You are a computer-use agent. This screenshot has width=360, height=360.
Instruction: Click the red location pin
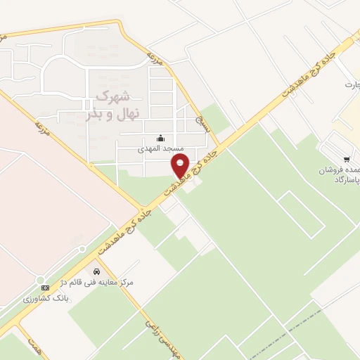[181, 166]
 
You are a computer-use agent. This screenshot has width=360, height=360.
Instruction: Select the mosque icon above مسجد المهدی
[161, 138]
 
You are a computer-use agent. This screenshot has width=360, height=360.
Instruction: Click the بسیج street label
[203, 122]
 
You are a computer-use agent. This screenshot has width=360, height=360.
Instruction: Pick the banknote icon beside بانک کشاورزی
[45, 288]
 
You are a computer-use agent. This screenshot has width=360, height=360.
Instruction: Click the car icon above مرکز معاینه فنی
[96, 271]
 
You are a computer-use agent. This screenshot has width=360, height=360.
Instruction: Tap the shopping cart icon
[346, 160]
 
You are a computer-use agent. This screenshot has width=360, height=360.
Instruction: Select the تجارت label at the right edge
[351, 85]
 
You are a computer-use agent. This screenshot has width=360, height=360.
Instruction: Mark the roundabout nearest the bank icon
[82, 249]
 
